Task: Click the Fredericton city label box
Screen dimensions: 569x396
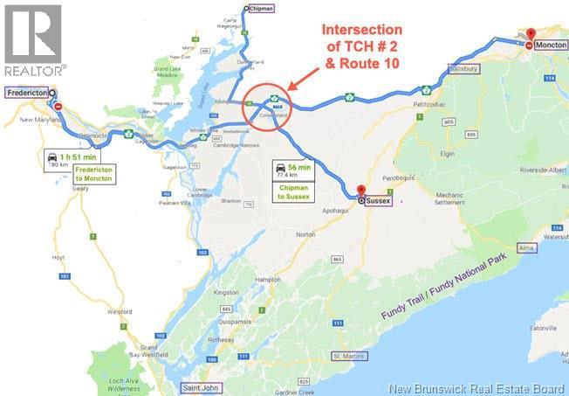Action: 28,92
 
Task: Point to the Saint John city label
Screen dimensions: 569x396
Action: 197,386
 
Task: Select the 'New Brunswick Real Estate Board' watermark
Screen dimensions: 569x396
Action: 477,387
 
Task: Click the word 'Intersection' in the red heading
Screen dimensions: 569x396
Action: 361,30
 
